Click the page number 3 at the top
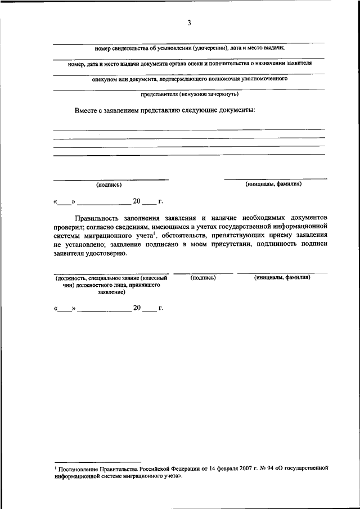190,23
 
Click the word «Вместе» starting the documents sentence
87,110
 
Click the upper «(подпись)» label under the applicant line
109,184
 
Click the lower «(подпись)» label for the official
204,278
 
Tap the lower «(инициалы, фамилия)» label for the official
282,278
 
